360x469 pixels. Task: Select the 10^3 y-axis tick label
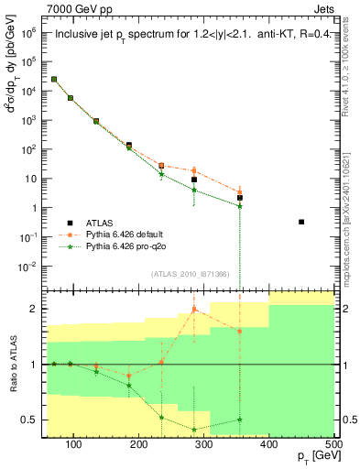point(30,120)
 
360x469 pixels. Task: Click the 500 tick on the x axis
point(333,444)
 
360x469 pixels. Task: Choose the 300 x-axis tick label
point(203,444)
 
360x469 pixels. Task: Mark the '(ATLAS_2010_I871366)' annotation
point(189,274)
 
